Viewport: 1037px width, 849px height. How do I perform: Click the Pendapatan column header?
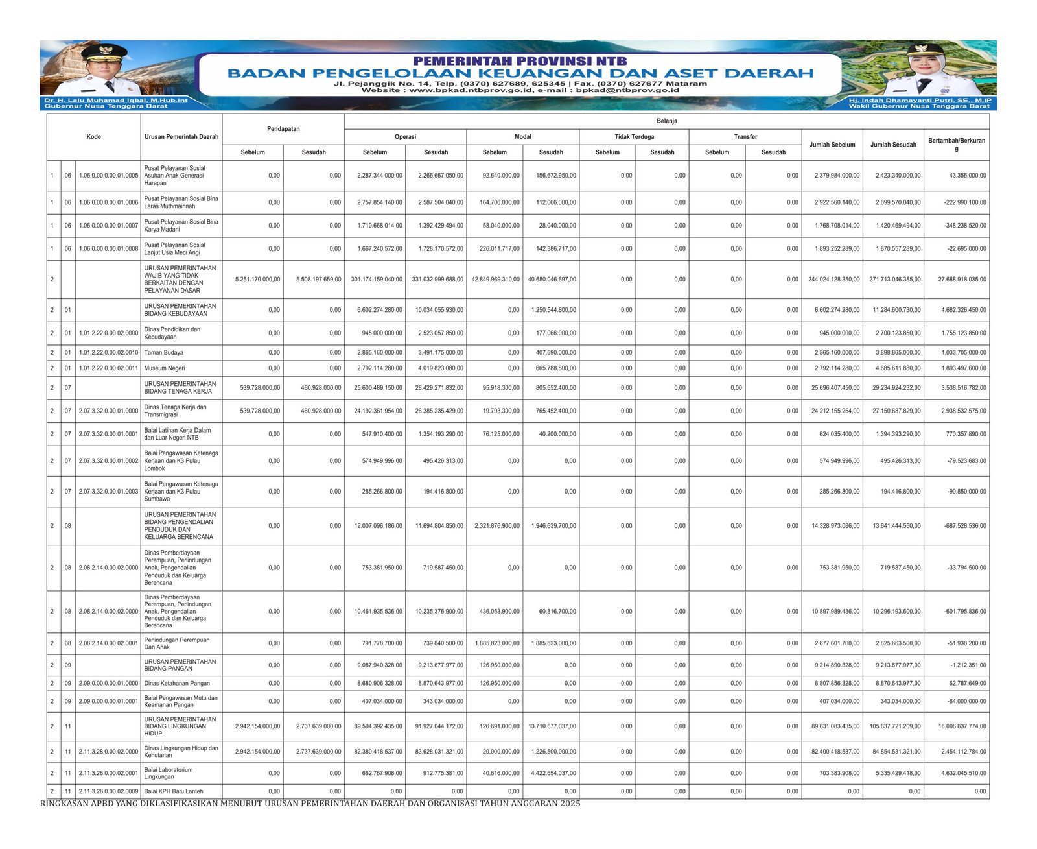283,129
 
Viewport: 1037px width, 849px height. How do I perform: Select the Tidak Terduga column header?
634,137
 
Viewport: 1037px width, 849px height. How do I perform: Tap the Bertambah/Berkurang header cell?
956,144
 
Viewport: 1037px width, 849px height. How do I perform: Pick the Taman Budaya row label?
163,353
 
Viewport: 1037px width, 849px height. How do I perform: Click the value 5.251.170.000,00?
257,280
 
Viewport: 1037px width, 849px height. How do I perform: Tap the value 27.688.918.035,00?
962,280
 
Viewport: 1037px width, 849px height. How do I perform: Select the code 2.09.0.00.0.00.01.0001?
108,701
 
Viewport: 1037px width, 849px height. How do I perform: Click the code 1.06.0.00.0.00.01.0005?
108,176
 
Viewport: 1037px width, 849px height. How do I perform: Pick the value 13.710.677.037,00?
552,726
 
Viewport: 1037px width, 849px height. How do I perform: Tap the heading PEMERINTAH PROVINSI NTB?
520,61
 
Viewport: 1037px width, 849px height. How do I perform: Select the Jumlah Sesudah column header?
893,145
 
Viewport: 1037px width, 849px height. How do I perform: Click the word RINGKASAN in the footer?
67,804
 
